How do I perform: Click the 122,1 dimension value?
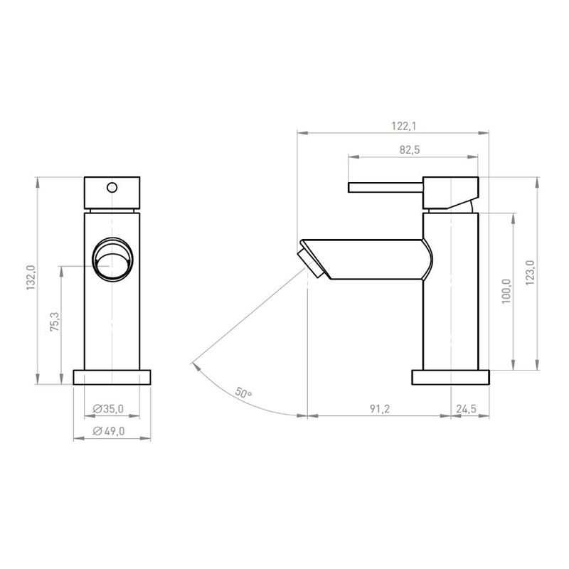click(404, 127)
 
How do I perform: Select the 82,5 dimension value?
click(410, 149)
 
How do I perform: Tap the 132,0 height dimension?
click(31, 277)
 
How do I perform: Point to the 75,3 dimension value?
click(55, 321)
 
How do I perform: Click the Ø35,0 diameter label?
click(108, 409)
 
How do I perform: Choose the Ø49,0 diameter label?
click(109, 431)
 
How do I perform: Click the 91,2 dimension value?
click(380, 409)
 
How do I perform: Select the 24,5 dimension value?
click(466, 409)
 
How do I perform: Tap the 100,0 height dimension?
click(506, 292)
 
